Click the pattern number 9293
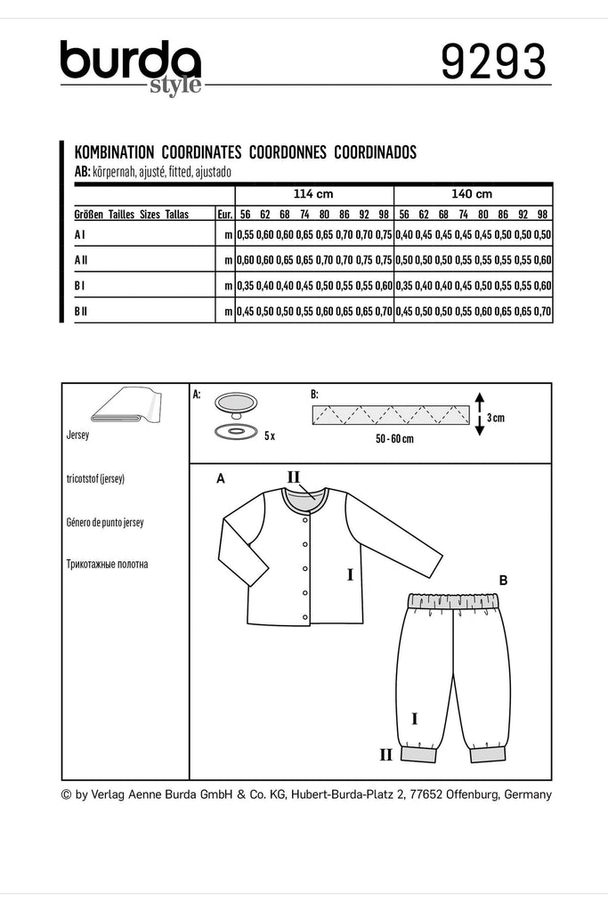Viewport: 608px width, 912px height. click(492, 63)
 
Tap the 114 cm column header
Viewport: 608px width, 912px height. click(312, 194)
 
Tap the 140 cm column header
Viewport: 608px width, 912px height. click(472, 194)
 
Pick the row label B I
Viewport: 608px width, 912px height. click(81, 285)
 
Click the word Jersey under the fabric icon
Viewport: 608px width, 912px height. click(79, 437)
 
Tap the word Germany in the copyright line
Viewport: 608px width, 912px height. click(528, 794)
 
